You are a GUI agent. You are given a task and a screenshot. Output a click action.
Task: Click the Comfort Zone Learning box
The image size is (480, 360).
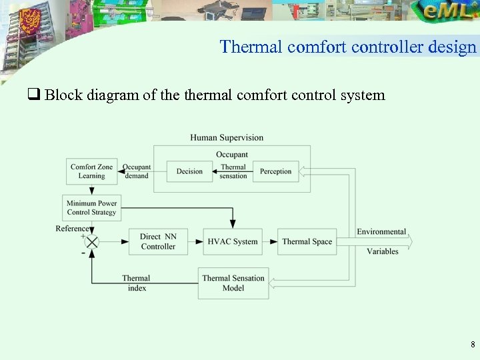pos(91,171)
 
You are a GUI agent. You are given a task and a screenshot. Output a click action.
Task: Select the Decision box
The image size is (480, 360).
pos(189,171)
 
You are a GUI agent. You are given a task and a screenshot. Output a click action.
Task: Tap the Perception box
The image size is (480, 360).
pos(275,171)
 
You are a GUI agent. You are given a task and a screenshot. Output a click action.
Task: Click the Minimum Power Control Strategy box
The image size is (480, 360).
pos(91,208)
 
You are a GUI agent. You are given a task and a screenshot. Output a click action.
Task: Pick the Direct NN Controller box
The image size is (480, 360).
pos(158,241)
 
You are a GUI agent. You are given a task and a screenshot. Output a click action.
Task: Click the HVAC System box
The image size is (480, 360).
pos(233,241)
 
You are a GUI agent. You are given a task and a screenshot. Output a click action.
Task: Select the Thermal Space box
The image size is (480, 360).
pos(307,241)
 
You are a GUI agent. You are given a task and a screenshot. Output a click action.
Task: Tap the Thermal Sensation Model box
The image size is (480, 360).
pos(233,283)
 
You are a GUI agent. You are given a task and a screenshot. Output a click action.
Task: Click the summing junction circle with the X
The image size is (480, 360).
pos(91,241)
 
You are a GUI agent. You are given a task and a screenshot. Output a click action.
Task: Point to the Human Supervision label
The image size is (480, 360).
pos(227,138)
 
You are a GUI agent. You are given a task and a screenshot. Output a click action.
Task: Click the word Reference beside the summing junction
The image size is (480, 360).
pos(73,229)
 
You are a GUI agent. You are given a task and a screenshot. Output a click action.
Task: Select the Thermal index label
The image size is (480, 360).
pos(136,283)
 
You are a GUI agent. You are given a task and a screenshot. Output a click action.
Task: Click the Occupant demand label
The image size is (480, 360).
pos(137,171)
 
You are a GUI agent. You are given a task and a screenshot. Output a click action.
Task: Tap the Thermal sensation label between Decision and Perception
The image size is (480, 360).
pos(233,171)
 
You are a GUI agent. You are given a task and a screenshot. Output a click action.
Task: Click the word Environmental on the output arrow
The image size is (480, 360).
pos(381,232)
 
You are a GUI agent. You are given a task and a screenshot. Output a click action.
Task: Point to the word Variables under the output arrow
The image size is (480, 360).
pos(383,251)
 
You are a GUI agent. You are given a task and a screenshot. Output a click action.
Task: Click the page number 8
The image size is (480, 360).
pos(472,345)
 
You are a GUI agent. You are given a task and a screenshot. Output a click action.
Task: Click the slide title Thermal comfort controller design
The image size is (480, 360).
pos(348,47)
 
